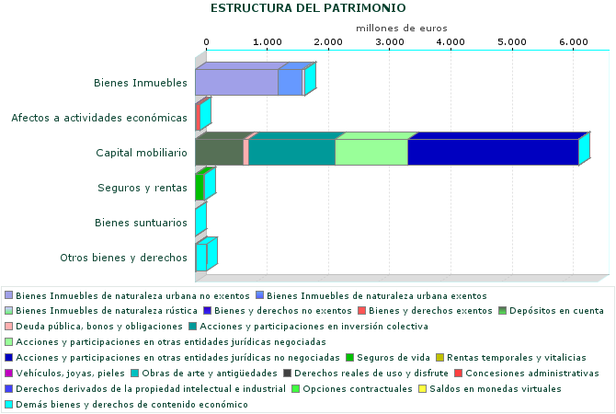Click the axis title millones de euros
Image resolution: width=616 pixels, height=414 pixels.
(401, 29)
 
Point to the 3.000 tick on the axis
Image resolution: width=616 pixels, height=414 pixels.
(389, 42)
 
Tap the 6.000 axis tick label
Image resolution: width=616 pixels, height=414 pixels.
(572, 42)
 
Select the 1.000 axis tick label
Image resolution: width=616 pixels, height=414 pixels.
(267, 42)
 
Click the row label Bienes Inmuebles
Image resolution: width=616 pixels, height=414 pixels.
(141, 84)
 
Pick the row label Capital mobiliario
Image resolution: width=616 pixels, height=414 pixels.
(142, 153)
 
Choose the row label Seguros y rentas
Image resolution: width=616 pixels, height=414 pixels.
(143, 188)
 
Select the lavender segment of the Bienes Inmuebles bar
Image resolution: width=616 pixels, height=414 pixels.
(236, 83)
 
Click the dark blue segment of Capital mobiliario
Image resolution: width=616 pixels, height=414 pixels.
(492, 153)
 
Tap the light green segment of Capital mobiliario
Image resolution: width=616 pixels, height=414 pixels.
(371, 153)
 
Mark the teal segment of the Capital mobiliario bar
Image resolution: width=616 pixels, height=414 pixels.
(291, 153)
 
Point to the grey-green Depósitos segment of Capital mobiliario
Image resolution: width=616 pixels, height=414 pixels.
(219, 153)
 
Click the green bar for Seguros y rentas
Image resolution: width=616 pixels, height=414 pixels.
(200, 187)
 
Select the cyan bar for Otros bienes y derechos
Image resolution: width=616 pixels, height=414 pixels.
(200, 256)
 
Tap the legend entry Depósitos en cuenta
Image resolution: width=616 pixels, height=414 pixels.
(558, 310)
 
